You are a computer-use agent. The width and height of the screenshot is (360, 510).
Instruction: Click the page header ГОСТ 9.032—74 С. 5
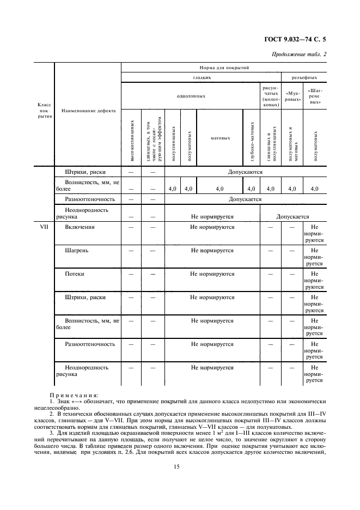tap(299, 40)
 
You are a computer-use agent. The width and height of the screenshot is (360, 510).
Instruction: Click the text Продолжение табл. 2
tap(298, 55)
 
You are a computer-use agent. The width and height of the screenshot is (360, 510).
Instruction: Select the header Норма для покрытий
tap(223, 68)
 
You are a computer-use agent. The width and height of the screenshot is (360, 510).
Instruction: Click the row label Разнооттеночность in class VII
tap(90, 344)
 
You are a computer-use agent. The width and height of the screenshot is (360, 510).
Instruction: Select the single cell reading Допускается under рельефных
tap(292, 216)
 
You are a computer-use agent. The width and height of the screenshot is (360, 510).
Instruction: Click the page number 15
tap(177, 466)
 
